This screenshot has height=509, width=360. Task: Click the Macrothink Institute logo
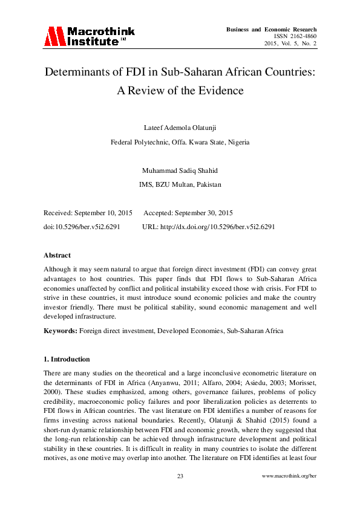click(89, 36)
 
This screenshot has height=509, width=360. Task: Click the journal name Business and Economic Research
click(271, 30)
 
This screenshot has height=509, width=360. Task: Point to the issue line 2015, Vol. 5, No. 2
click(290, 44)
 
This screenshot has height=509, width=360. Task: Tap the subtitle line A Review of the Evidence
click(180, 91)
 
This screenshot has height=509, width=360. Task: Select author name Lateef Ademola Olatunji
click(180, 127)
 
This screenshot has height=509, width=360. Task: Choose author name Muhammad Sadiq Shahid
click(180, 170)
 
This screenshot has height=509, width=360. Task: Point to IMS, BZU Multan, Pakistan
click(180, 184)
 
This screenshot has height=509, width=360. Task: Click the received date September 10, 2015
click(105, 213)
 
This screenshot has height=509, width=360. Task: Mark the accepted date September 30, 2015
click(203, 213)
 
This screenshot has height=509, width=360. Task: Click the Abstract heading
click(57, 255)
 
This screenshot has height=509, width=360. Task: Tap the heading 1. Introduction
click(67, 359)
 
